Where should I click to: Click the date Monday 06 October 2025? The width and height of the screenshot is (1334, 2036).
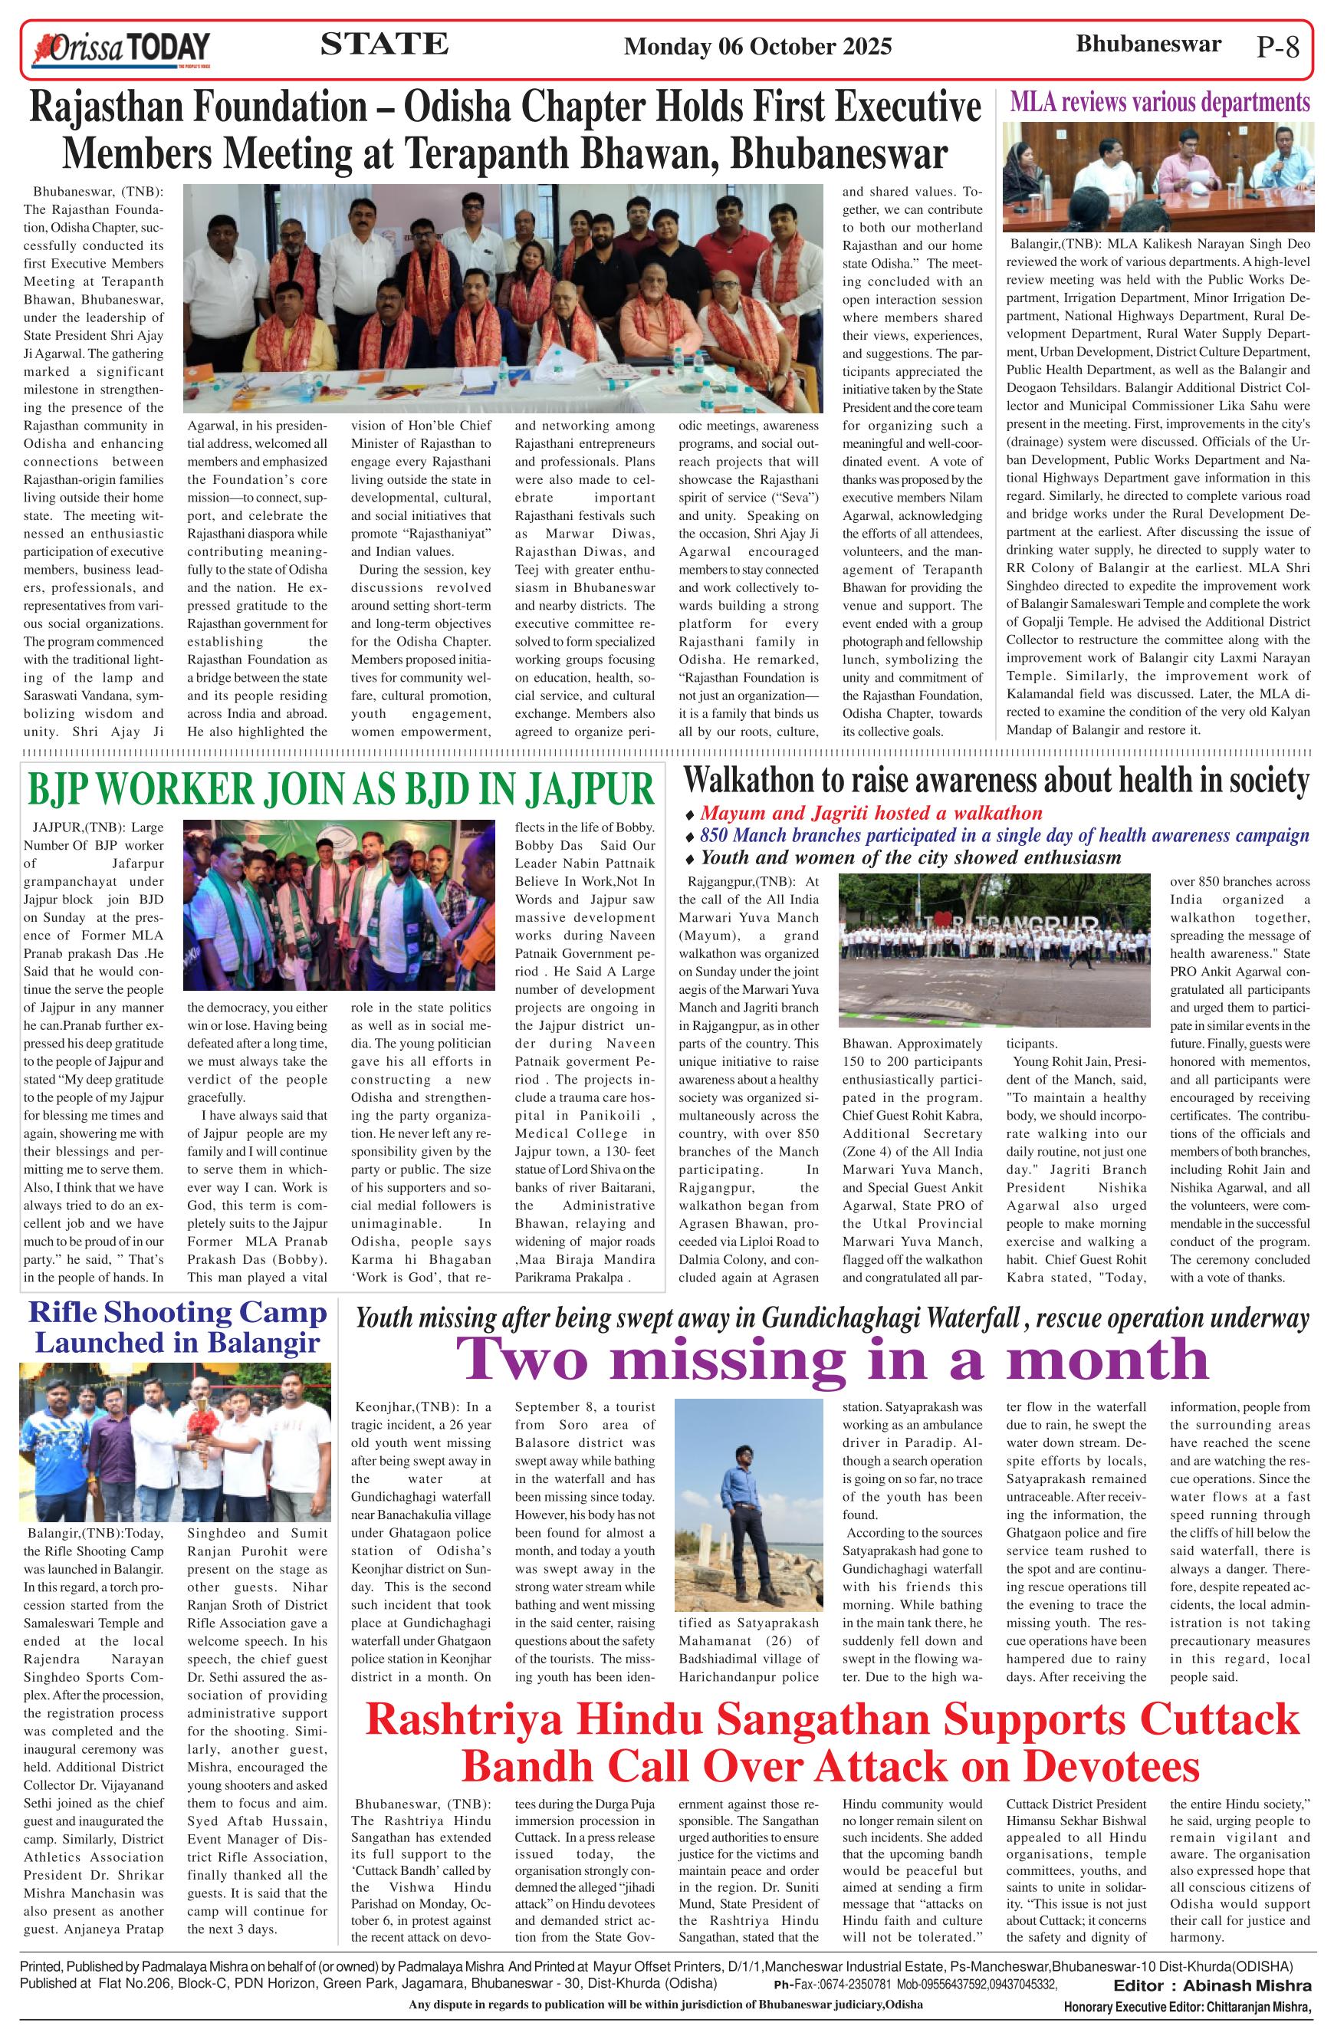757,46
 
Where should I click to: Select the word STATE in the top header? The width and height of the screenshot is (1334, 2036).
384,44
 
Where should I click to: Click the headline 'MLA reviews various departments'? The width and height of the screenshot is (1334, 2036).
1159,103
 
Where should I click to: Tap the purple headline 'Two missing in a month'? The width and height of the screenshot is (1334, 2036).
832,1357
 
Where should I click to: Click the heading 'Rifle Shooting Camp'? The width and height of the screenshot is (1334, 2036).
178,1313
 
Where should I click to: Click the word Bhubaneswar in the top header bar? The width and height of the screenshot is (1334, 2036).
1148,44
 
